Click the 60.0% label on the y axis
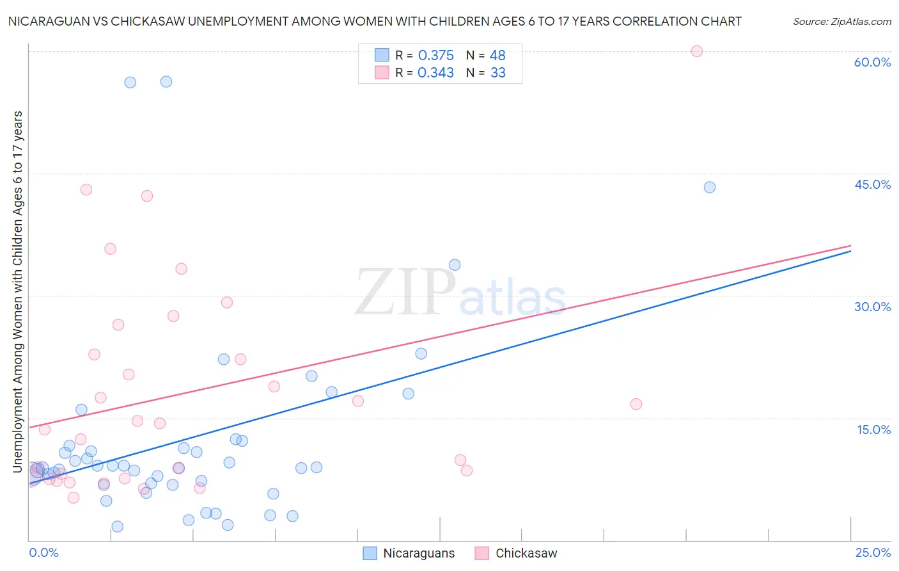coord(872,63)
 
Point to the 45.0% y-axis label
coord(872,184)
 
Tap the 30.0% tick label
coord(872,307)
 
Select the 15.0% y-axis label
coord(873,430)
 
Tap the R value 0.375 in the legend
coord(435,56)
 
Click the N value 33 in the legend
coord(497,73)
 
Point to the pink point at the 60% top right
coord(697,51)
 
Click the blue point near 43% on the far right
coord(709,188)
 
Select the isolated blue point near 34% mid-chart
coord(455,265)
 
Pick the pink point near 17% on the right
coord(636,404)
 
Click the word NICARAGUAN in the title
coord(51,22)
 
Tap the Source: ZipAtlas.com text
coord(841,22)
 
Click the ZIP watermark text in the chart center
coord(405,293)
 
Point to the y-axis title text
coord(18,292)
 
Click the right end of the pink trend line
coord(850,246)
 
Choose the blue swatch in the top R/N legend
coord(382,56)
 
